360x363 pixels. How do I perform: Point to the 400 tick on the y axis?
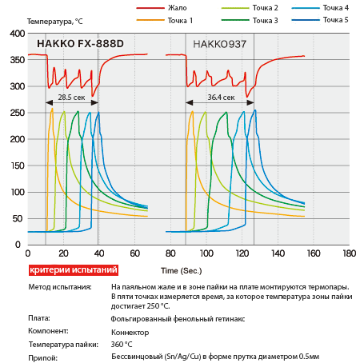[x=18, y=34]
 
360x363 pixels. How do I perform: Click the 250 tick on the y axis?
[x=18, y=113]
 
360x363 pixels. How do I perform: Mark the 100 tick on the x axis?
[x=206, y=253]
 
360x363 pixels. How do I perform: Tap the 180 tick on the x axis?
[x=350, y=253]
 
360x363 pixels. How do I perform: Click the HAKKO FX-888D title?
[x=80, y=44]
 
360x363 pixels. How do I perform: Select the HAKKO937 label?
[x=219, y=44]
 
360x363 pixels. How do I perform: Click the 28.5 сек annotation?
[x=71, y=98]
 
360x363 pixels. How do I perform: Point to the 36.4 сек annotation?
[x=221, y=98]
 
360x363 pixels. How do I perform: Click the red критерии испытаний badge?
[x=74, y=270]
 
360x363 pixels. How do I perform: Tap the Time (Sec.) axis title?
[x=182, y=271]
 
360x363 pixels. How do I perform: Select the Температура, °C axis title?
[x=54, y=22]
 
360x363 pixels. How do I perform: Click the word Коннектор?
[x=130, y=333]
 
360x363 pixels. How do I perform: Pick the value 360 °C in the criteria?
[x=122, y=345]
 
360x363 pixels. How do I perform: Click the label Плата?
[x=39, y=318]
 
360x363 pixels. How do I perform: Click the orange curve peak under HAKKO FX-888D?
[x=52, y=109]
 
